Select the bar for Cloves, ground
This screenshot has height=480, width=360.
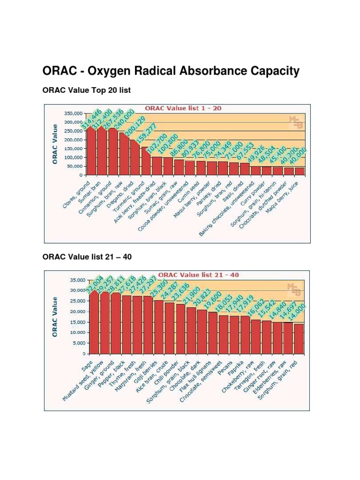[x=91, y=150]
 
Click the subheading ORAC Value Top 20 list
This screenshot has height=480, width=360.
[x=86, y=90]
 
